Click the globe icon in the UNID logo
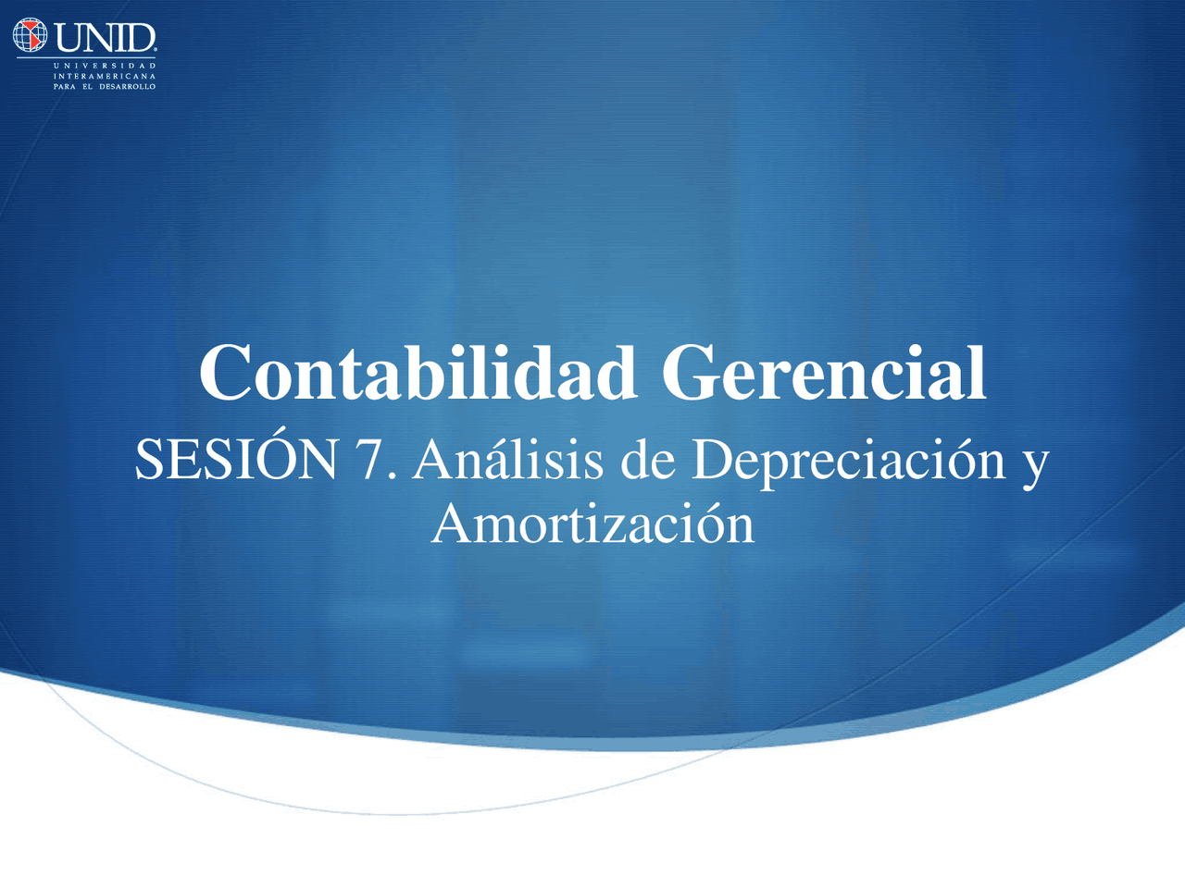30,35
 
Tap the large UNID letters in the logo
106,38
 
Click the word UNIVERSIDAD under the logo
105,66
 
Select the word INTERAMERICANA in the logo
105,76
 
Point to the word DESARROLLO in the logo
128,86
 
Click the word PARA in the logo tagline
64,86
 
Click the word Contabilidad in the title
418,372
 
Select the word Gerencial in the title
824,372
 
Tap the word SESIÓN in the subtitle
236,457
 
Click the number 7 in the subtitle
372,459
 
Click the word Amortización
593,522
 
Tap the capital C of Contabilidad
222,373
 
